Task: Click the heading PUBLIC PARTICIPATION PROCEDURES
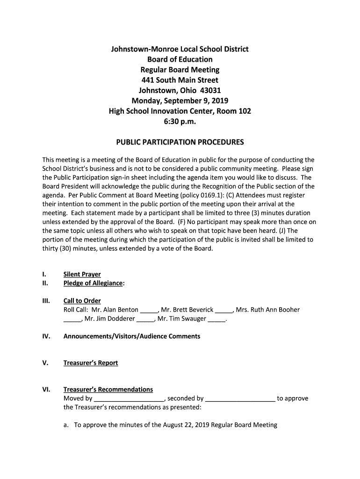pyautogui.click(x=180, y=142)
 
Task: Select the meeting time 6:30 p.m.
pyautogui.click(x=180, y=122)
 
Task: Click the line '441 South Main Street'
pyautogui.click(x=180, y=80)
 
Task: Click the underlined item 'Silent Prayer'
pyautogui.click(x=82, y=274)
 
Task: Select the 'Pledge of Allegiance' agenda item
pyautogui.click(x=93, y=283)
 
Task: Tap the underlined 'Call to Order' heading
pyautogui.click(x=82, y=301)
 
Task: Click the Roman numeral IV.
pyautogui.click(x=46, y=336)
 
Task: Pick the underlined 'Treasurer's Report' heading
pyautogui.click(x=91, y=363)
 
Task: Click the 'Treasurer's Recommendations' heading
pyautogui.click(x=108, y=390)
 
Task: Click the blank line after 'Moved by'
pyautogui.click(x=129, y=399)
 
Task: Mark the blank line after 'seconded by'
pyautogui.click(x=240, y=399)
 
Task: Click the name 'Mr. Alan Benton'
pyautogui.click(x=115, y=310)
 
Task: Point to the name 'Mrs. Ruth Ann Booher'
pyautogui.click(x=268, y=310)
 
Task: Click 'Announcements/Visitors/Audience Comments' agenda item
pyautogui.click(x=131, y=336)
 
